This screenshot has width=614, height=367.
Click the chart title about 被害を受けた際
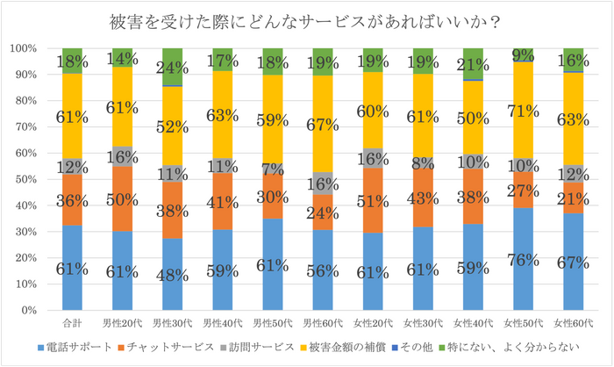point(306,20)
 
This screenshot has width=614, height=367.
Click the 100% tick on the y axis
point(24,48)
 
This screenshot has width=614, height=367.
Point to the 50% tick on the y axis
point(26,179)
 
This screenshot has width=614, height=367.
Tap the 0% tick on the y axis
point(30,311)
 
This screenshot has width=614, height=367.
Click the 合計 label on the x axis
point(72,321)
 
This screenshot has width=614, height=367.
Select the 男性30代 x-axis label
point(172,321)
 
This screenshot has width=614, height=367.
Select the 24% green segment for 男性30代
point(172,67)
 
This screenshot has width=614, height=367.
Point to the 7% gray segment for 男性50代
point(273,169)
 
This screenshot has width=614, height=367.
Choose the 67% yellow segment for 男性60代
point(323,123)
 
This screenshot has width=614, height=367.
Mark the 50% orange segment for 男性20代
point(122,199)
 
